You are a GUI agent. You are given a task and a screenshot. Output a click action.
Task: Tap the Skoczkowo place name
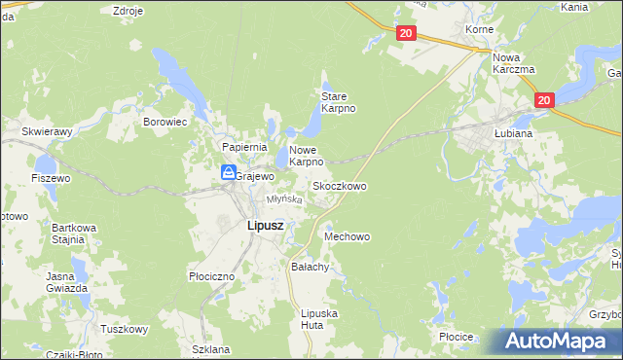coord(339,185)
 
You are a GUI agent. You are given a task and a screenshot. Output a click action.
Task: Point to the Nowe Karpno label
coord(306,156)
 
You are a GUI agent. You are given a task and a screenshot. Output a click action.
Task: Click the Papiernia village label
coord(244,146)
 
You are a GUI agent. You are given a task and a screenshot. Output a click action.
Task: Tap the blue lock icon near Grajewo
coord(227,172)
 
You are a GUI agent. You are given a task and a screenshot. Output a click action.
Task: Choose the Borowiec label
coord(165,123)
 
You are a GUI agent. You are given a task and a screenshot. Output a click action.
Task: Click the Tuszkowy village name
coord(123,329)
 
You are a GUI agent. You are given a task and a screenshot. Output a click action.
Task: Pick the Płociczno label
coord(212,276)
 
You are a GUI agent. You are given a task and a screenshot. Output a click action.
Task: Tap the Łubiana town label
coord(511,132)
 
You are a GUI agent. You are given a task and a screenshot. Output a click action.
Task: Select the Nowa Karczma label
coord(514,63)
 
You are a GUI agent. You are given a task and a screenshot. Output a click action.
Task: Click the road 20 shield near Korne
coord(406,33)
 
